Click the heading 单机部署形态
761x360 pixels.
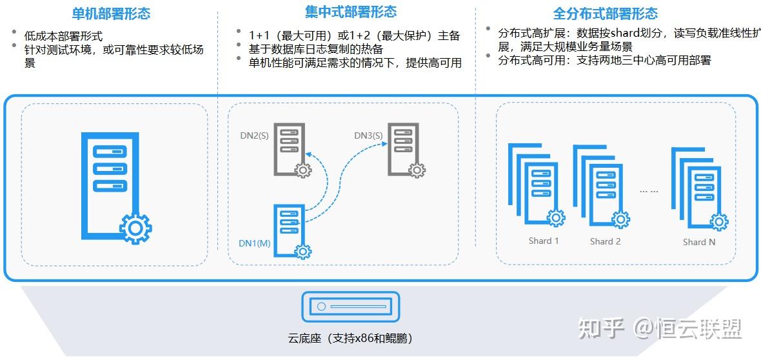(x=112, y=14)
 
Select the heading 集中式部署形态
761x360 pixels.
(x=351, y=12)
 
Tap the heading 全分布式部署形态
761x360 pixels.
(x=605, y=14)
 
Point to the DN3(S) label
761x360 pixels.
(x=368, y=135)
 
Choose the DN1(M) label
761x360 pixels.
(x=253, y=243)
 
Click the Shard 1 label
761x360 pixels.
(x=544, y=241)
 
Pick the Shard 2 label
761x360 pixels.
(x=605, y=241)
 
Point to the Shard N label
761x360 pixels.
(x=699, y=242)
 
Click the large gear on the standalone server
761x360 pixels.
(x=135, y=228)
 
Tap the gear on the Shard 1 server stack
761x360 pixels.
(x=556, y=218)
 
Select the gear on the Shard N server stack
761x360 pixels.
(x=719, y=222)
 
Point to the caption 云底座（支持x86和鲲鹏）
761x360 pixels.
(x=350, y=338)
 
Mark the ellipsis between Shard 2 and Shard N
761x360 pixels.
(x=647, y=191)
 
